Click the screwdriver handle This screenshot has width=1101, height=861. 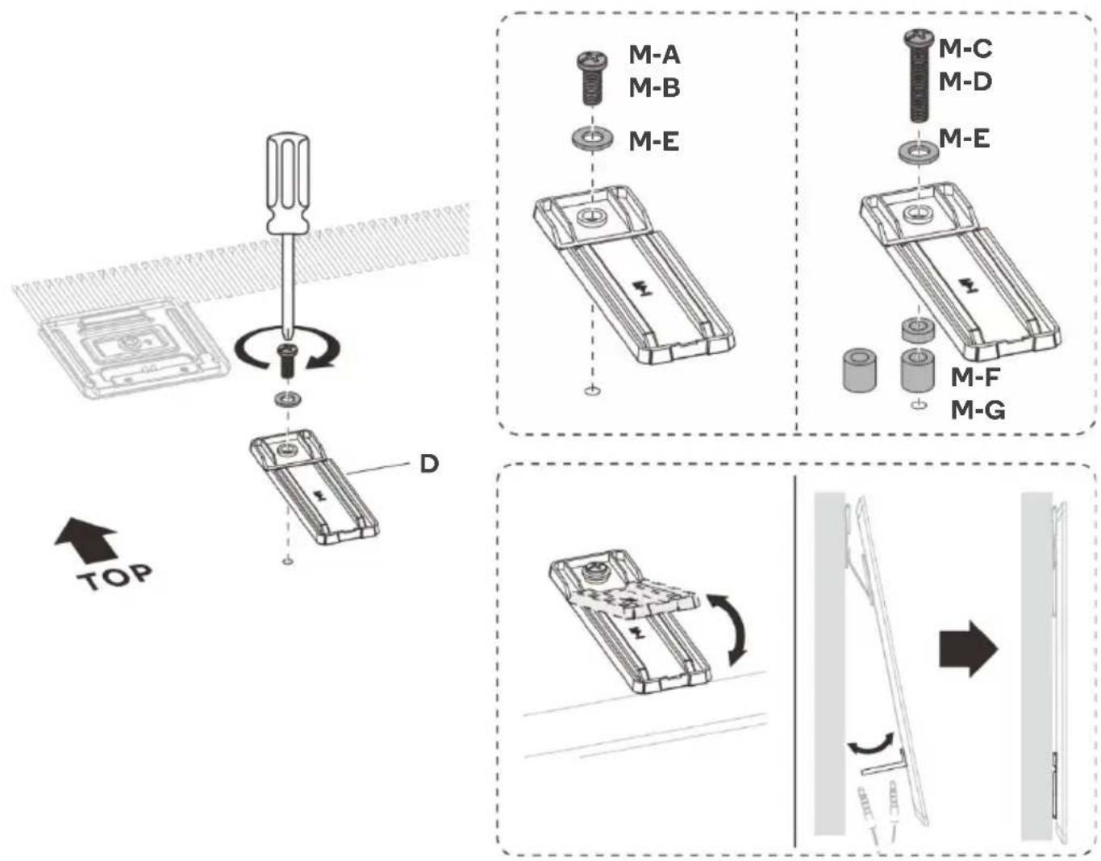coord(288,183)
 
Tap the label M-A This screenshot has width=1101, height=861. coord(654,55)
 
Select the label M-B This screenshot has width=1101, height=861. coord(654,88)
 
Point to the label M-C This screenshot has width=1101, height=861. coord(965,48)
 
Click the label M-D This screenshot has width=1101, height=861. coord(965,81)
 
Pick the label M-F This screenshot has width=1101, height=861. coord(975,376)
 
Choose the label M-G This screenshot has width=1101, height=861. coord(978,410)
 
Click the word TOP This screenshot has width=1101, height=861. coord(115,576)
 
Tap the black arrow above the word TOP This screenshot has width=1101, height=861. coord(87,540)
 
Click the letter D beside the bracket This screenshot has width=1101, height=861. coord(429,464)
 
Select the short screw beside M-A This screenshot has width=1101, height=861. coord(592,78)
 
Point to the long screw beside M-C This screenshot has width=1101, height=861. coord(919,75)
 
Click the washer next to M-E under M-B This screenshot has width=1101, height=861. coord(592,138)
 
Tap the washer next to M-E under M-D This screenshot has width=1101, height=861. coord(919,152)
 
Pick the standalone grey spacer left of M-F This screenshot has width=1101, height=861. coord(859,369)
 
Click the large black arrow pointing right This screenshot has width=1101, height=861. coord(968,649)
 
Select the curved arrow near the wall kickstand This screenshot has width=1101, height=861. coord(870,742)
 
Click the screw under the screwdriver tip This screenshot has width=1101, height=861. coord(287,360)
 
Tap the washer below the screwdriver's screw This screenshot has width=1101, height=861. coord(287,399)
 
